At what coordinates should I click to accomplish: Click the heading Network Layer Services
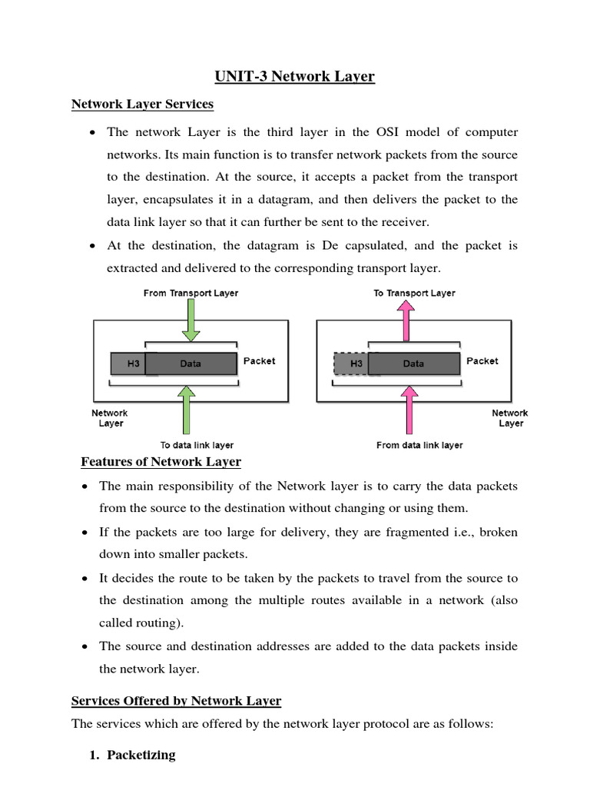pos(142,103)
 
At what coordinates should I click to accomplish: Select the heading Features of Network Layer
pos(161,462)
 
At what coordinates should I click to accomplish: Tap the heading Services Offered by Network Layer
pos(176,701)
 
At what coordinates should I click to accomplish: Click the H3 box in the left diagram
pos(128,364)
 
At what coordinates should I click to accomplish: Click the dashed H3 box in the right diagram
pos(351,364)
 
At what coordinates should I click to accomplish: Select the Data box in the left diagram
pos(191,364)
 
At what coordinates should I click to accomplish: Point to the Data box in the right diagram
pos(413,364)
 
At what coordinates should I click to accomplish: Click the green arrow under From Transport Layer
pos(191,321)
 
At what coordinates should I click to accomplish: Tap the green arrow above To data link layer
pos(184,410)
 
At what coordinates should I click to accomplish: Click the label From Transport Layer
pos(191,293)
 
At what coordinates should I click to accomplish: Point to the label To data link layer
pos(197,445)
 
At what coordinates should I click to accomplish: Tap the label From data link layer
pos(419,445)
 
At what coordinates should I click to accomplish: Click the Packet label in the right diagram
pos(482,360)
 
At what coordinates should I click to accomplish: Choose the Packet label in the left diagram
pos(259,360)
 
